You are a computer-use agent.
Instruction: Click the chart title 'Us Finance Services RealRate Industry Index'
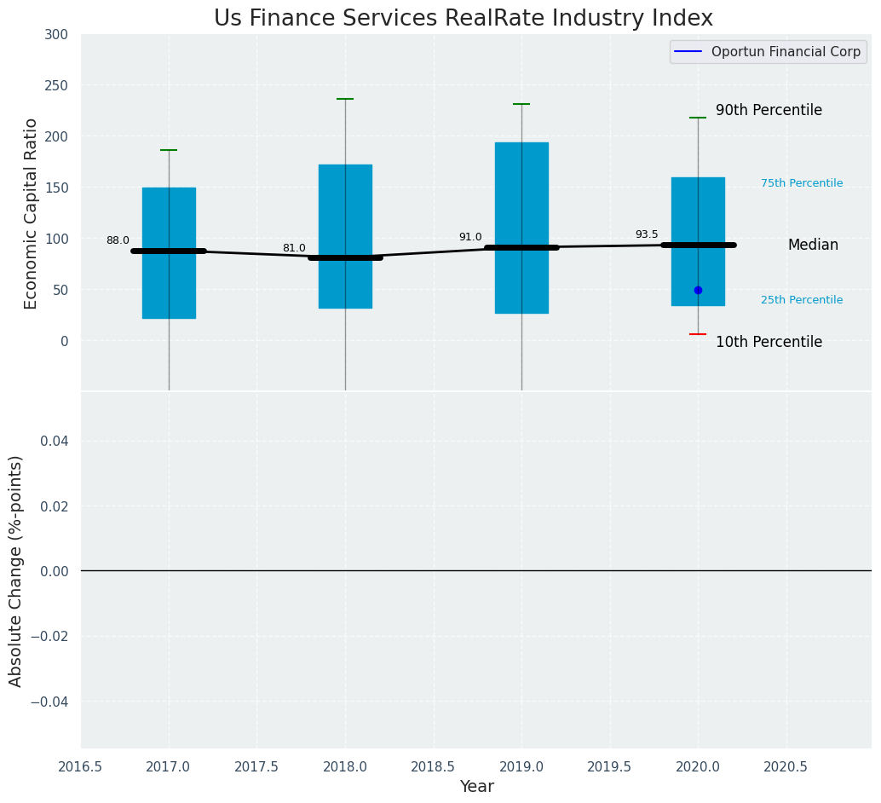463,18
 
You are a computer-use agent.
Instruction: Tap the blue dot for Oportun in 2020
698,290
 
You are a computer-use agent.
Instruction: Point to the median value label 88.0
118,240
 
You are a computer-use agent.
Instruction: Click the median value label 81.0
294,248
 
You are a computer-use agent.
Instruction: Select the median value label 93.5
647,234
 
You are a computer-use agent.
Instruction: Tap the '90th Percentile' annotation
769,111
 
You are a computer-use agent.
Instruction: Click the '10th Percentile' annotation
769,343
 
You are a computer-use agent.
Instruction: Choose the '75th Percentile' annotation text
802,183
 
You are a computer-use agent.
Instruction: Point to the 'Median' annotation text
813,246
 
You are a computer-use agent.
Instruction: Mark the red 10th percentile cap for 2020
698,334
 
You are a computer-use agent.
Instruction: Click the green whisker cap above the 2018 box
345,99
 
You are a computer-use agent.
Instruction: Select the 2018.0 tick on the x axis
345,767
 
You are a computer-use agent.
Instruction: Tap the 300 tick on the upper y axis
57,35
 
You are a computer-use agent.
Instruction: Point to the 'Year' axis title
476,787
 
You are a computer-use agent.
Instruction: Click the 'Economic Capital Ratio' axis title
32,213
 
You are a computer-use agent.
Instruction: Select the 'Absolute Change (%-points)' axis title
16,570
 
